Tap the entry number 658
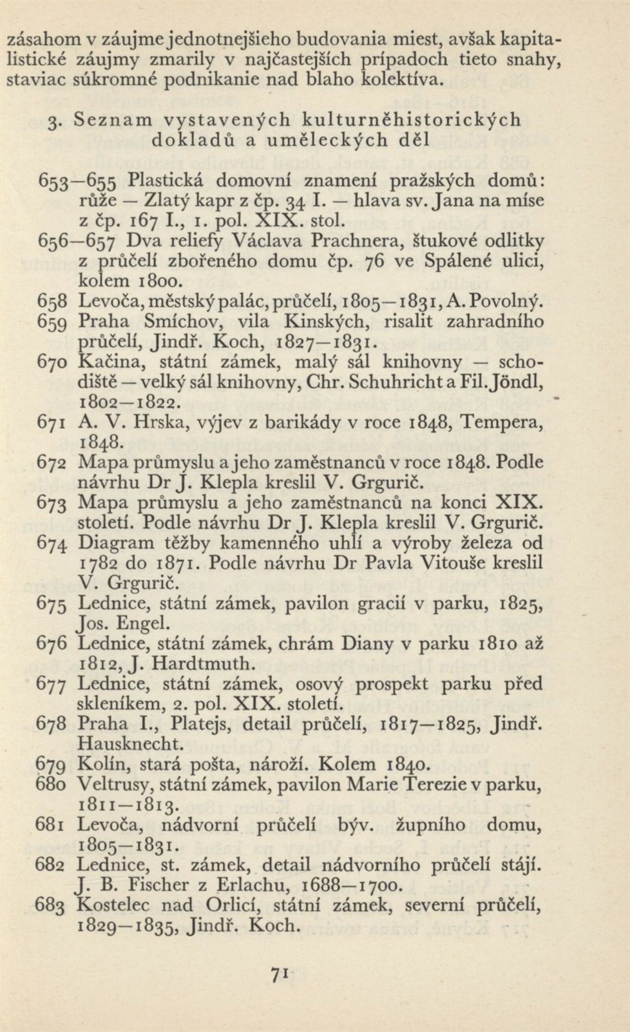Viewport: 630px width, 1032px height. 52,301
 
